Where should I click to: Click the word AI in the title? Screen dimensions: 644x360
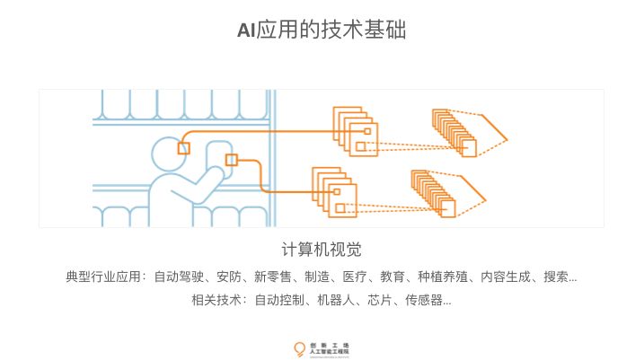[x=246, y=31]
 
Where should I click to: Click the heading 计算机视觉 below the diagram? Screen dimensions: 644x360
[x=322, y=249]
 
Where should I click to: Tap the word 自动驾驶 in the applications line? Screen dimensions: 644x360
[x=178, y=277]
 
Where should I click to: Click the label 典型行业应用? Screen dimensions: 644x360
[x=104, y=277]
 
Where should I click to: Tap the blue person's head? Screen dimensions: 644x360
[x=167, y=154]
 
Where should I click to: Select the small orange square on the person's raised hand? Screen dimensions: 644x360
[x=231, y=160]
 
